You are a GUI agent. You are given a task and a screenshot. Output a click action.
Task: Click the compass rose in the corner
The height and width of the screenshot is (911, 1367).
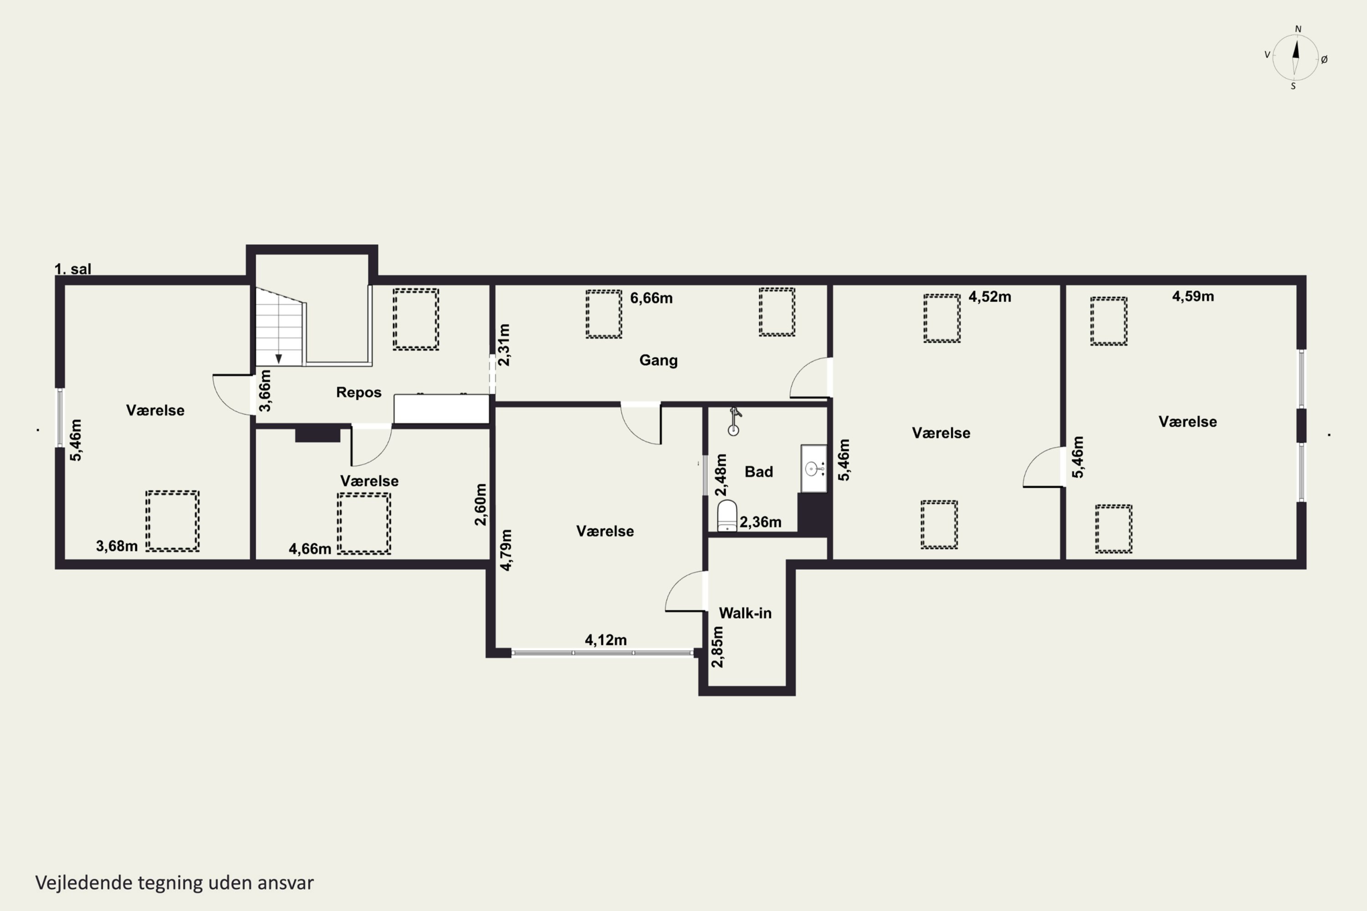click(x=1295, y=57)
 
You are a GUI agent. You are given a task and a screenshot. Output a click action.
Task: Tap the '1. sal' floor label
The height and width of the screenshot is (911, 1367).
click(x=72, y=269)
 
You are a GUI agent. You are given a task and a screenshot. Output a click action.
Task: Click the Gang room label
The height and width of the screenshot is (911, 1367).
click(x=658, y=360)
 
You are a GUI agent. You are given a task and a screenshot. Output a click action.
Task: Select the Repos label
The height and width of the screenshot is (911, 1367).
click(x=359, y=392)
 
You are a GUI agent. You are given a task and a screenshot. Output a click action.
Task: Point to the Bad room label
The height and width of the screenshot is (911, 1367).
click(x=759, y=472)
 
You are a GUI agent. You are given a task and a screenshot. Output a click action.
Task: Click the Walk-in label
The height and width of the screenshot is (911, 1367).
click(x=745, y=613)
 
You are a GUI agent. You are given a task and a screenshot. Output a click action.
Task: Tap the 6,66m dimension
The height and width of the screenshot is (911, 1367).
click(x=652, y=298)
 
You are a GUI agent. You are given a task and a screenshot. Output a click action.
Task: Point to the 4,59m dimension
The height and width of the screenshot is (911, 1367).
click(x=1192, y=297)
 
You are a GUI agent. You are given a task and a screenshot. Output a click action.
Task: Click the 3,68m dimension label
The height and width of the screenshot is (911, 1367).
click(x=117, y=546)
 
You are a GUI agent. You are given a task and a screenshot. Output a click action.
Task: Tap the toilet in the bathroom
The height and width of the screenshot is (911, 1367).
click(x=727, y=515)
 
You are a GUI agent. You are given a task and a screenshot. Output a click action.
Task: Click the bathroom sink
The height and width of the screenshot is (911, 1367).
click(x=814, y=468)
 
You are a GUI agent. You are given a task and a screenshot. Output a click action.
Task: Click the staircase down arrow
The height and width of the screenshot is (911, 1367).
click(x=279, y=359)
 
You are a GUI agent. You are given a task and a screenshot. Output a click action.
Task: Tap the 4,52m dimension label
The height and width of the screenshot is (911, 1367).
click(x=990, y=297)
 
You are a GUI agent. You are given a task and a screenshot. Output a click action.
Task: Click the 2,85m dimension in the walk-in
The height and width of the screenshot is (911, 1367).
click(x=718, y=647)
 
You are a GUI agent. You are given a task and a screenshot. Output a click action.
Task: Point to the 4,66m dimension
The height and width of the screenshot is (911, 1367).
click(x=310, y=548)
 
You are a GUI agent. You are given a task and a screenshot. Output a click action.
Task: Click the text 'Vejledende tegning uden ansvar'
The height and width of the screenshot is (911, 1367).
click(x=175, y=883)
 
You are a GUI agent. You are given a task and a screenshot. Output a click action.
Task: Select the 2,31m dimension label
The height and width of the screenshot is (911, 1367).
click(x=504, y=345)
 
